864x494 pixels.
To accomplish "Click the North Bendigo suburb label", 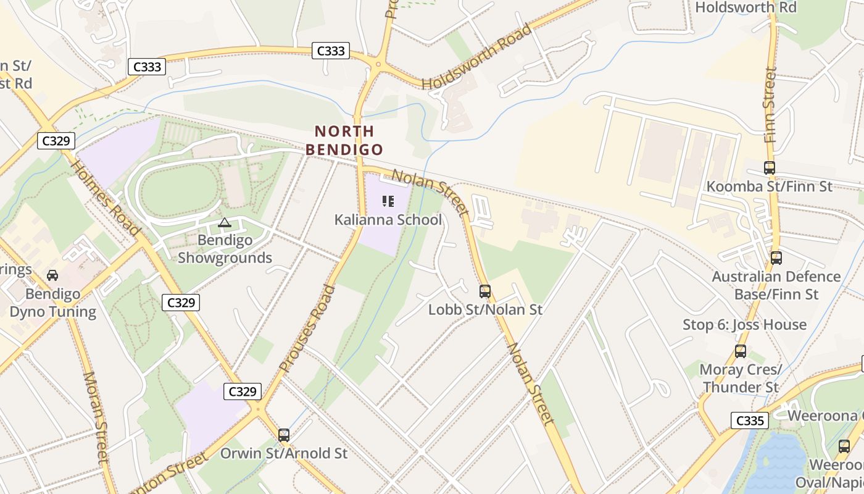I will click(x=344, y=140).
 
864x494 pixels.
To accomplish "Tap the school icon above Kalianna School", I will click(x=388, y=201).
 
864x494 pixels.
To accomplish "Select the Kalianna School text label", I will click(x=388, y=220).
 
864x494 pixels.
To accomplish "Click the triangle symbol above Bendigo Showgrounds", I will click(x=225, y=223).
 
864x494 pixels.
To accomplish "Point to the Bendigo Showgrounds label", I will click(x=225, y=249).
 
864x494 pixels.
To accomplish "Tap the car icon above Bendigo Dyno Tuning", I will click(x=52, y=275).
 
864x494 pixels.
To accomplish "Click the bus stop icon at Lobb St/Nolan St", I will click(x=485, y=291).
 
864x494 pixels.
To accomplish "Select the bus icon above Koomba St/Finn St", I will click(x=770, y=167).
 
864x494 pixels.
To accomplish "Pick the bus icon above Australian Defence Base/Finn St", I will click(x=776, y=257).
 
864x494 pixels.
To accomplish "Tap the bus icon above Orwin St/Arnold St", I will click(x=284, y=435).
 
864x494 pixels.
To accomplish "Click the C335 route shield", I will click(x=750, y=421).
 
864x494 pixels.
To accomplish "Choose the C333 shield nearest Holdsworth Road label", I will click(x=330, y=51).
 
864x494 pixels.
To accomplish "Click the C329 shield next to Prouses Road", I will click(x=243, y=391).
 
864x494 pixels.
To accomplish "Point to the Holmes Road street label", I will click(x=105, y=198).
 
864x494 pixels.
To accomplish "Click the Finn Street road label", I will click(x=770, y=105).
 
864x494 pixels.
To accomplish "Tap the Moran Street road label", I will click(x=96, y=417).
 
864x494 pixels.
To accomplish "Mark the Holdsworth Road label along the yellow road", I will click(x=476, y=56).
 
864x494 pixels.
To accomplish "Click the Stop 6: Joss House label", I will click(x=744, y=325).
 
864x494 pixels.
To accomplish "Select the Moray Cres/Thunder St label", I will click(x=741, y=379).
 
